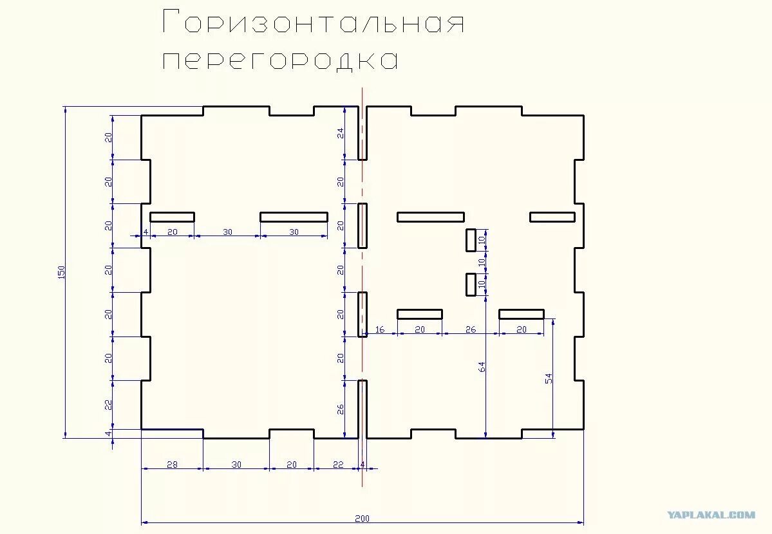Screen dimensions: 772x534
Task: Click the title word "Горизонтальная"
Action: tap(314, 22)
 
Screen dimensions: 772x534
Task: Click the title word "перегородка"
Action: tap(279, 60)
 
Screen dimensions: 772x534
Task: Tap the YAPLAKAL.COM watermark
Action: tap(711, 515)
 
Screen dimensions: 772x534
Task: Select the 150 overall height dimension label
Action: tap(62, 272)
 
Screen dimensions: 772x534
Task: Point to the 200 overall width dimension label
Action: tap(362, 519)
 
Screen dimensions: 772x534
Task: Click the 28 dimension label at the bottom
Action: tap(172, 464)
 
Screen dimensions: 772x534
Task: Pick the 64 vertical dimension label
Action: tap(482, 367)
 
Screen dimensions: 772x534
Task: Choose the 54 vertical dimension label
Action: tap(549, 378)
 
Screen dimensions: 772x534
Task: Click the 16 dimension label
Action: tap(380, 329)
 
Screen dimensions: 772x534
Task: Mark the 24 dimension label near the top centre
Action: tap(340, 133)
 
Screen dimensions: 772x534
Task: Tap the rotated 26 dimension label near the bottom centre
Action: tap(340, 409)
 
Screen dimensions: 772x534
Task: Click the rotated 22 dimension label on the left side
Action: tap(108, 405)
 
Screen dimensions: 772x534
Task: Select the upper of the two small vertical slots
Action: tap(471, 240)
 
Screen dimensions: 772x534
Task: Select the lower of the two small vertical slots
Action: tap(471, 284)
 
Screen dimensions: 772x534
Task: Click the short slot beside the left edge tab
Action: tap(173, 217)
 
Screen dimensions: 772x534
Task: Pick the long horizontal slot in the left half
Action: tap(294, 217)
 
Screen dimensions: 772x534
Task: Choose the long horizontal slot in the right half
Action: tap(431, 217)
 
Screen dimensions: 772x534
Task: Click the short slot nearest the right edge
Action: tap(552, 217)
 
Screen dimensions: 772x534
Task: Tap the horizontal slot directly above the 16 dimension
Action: tap(420, 314)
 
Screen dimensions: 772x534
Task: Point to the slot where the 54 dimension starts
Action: tap(522, 314)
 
